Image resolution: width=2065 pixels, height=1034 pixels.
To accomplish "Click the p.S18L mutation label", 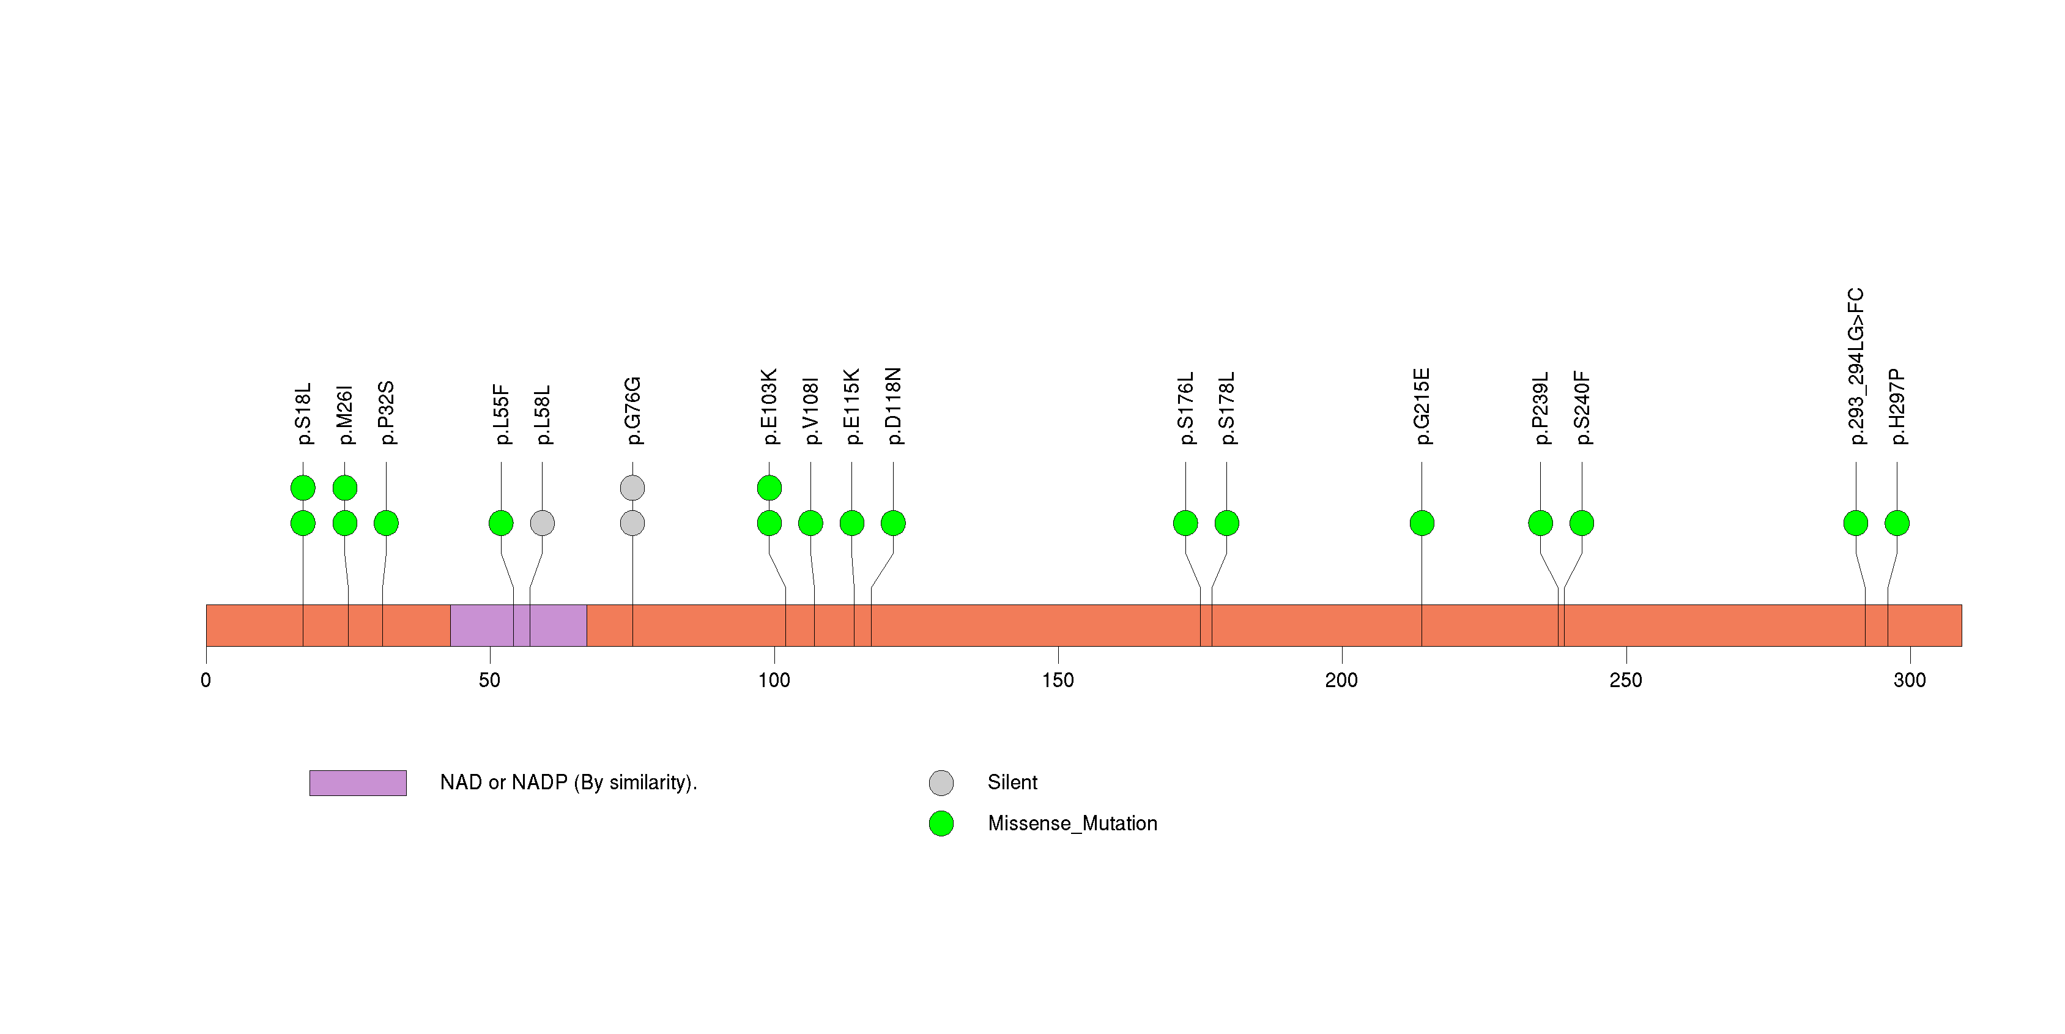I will pos(303,414).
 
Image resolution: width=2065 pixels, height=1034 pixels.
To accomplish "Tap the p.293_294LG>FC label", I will pos(1855,366).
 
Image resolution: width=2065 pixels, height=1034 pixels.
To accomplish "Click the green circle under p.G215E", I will pos(1422,523).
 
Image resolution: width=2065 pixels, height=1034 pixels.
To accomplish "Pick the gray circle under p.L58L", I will pos(542,523).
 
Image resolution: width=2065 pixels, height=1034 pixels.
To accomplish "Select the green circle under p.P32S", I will pos(387,523).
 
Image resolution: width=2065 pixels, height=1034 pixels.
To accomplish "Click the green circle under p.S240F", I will pos(1582,523).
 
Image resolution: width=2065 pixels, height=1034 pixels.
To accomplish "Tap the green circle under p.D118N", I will pos(893,523).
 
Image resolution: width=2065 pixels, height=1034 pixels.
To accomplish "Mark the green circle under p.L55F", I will pos(501,523).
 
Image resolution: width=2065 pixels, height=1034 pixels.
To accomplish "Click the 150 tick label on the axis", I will pos(1058,680).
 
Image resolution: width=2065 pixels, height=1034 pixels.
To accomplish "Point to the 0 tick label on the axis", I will pos(206,680).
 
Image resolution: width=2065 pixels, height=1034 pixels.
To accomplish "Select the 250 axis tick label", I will pos(1625,680).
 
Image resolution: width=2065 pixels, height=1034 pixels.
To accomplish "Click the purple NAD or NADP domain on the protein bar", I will pos(518,625).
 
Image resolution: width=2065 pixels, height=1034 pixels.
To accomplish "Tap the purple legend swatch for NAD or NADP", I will pos(358,783).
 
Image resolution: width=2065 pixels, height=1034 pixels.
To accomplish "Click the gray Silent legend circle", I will pos(941,783).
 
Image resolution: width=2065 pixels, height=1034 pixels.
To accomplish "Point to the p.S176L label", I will pos(1185,408).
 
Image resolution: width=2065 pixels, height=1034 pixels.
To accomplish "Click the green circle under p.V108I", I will pos(810,523).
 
